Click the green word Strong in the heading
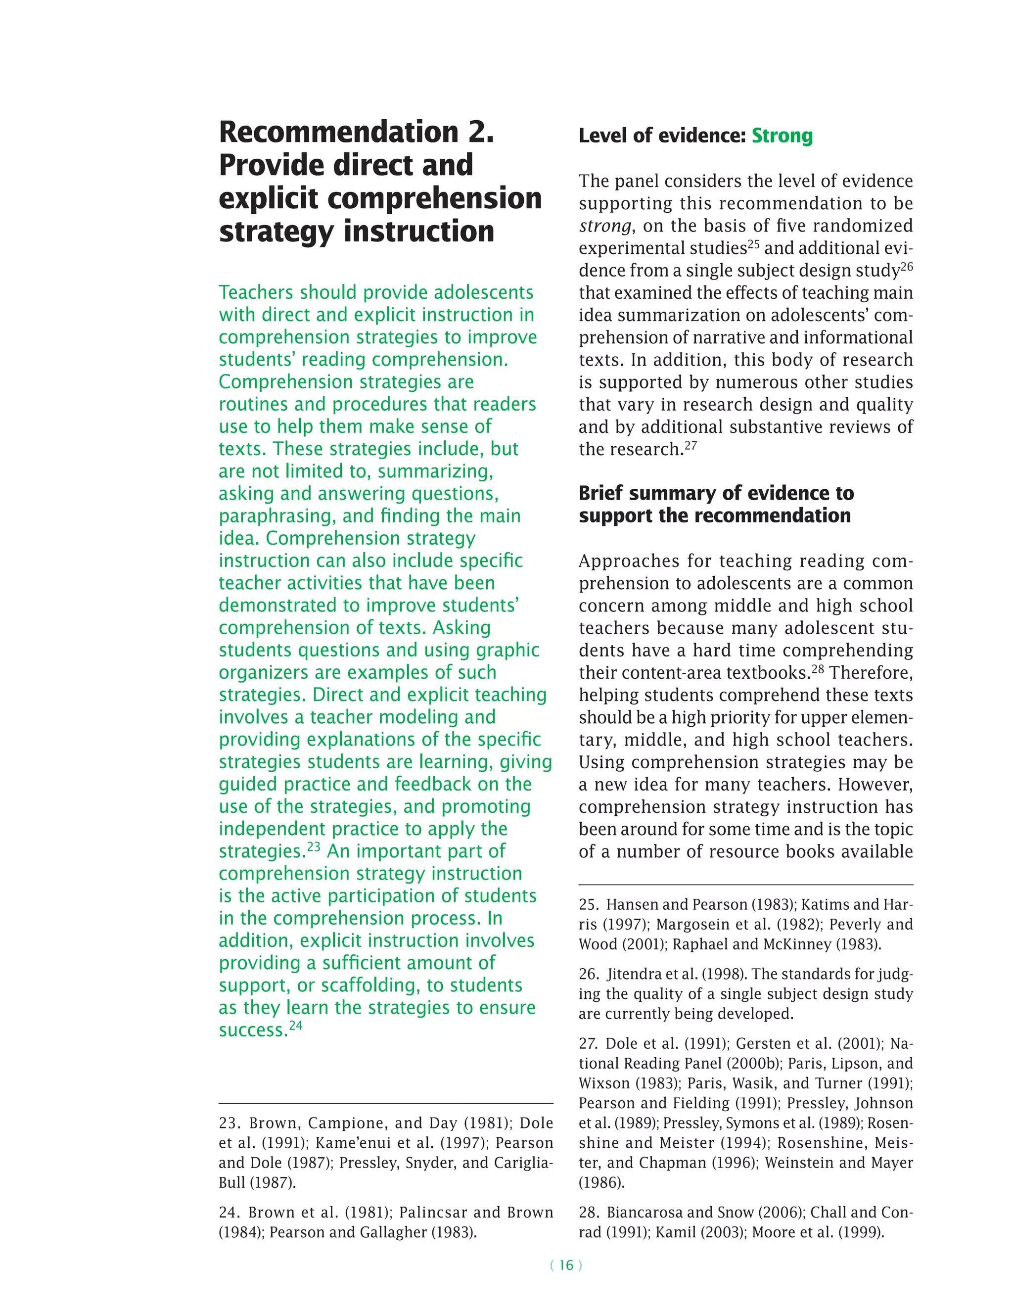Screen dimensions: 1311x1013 pos(782,136)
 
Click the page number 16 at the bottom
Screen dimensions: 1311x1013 pos(566,1265)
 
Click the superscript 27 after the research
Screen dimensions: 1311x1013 pos(691,445)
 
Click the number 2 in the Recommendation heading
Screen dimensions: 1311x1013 pos(480,132)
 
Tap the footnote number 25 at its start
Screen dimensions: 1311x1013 pos(588,905)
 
